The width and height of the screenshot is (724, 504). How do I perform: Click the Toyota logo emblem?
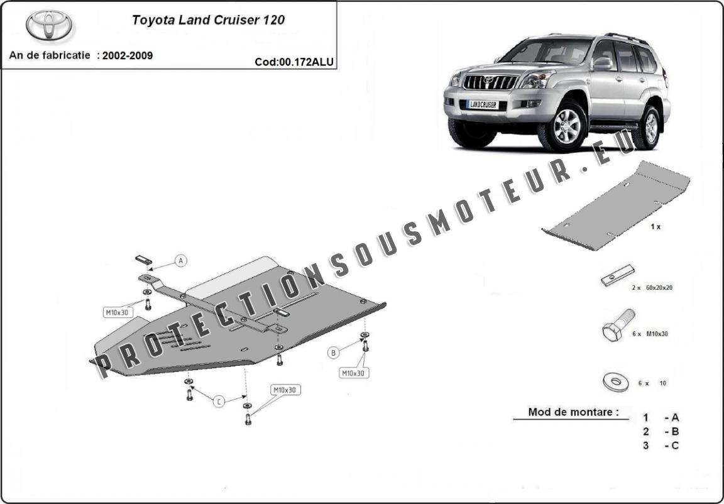point(49,25)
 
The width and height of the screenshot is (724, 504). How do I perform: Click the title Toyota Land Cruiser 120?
point(208,19)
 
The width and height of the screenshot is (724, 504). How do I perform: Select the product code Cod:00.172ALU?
point(294,62)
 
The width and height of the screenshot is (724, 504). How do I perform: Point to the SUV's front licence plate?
point(483,105)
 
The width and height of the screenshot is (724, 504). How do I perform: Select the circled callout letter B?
point(333,353)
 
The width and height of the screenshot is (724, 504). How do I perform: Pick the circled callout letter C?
point(219,402)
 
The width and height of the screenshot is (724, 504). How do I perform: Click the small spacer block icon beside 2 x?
point(612,278)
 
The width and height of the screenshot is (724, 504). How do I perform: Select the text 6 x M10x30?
point(650,334)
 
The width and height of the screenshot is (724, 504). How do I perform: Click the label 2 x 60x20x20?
point(652,287)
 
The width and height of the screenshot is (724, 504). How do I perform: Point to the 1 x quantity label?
point(655,227)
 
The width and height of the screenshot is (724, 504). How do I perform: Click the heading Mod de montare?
point(569,413)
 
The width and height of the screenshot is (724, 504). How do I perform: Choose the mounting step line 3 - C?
point(661,446)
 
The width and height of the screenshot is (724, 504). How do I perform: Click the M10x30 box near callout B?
point(353,373)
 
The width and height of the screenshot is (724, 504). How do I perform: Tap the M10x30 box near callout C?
point(285,390)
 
